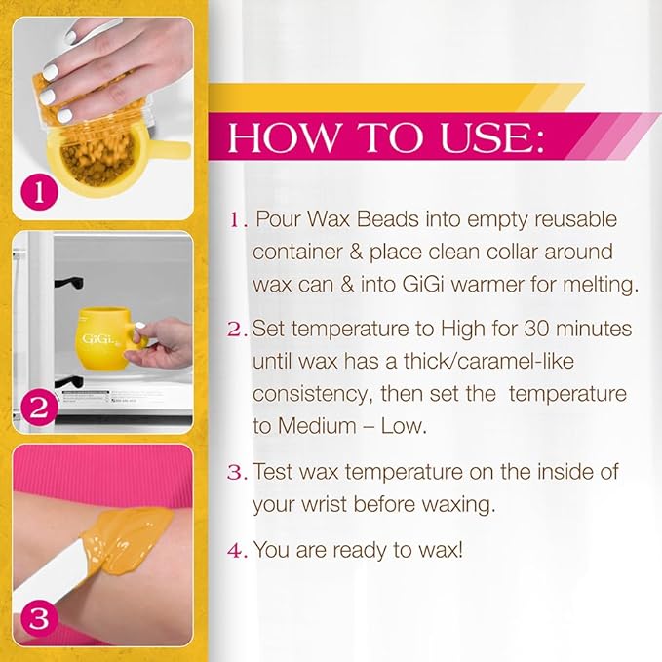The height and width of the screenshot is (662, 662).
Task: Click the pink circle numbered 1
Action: pos(39,192)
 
